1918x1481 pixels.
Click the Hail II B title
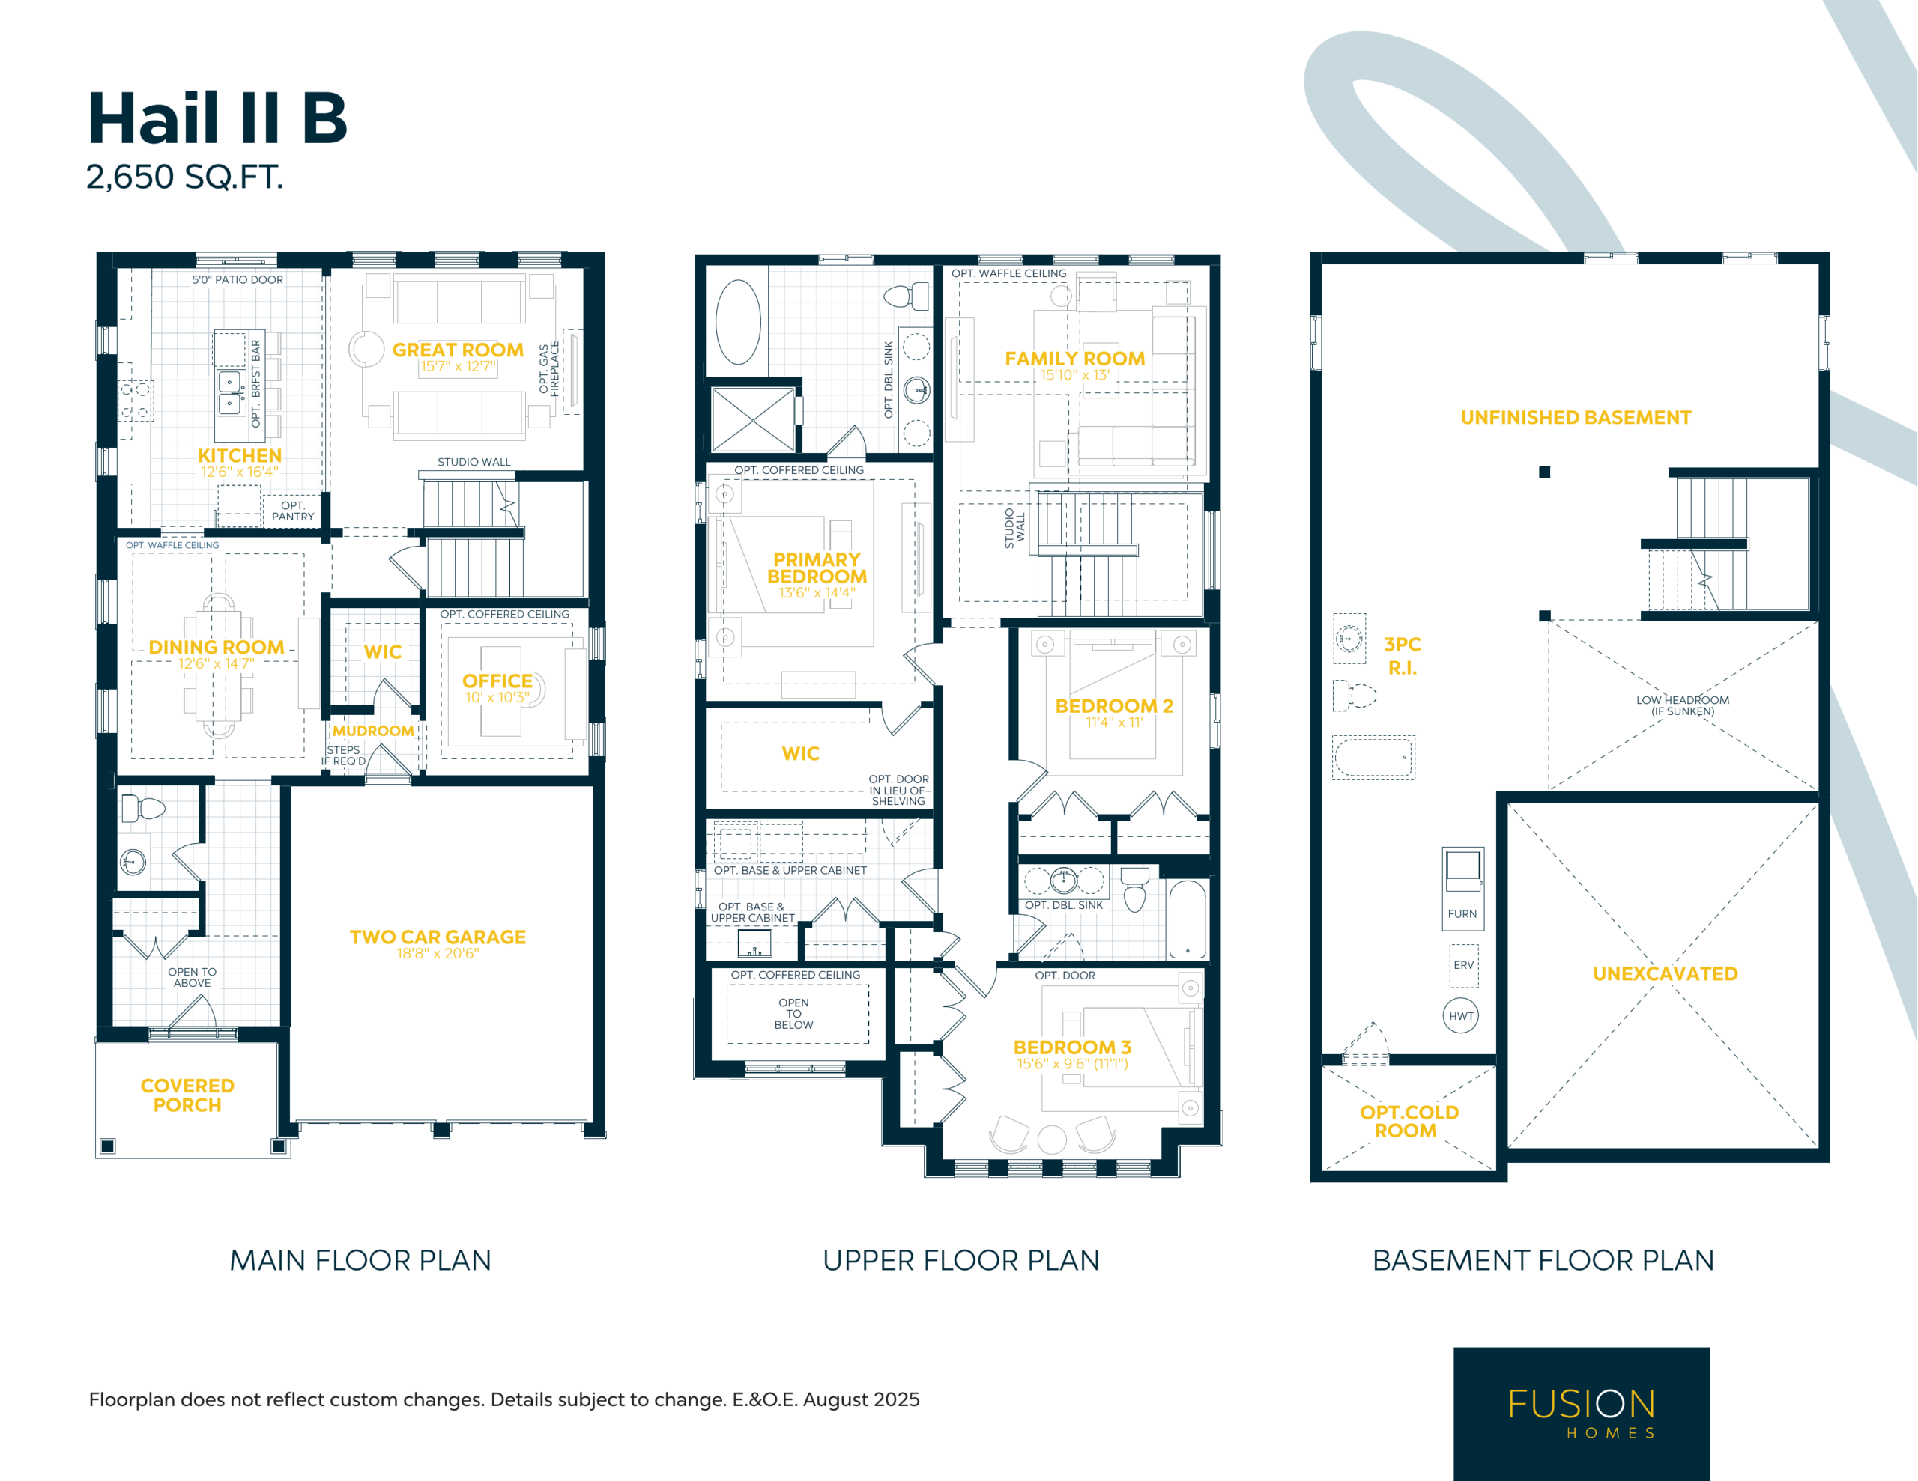tap(218, 118)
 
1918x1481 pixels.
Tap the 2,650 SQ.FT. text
tap(184, 177)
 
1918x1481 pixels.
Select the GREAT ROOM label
tap(458, 350)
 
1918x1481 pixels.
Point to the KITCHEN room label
tap(240, 456)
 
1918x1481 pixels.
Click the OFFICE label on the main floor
tap(497, 681)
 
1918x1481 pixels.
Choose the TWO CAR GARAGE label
tap(438, 937)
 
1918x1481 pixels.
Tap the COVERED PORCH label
tap(187, 1095)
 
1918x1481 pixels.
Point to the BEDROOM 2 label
tap(1113, 706)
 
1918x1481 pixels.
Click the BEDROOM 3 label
tap(1072, 1047)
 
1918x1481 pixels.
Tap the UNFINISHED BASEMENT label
tap(1576, 417)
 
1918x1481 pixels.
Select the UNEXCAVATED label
tap(1665, 973)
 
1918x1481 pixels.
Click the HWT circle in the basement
tap(1461, 1016)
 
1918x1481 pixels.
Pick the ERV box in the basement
tap(1463, 966)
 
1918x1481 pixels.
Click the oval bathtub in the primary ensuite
tap(739, 322)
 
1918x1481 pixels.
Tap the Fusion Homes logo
tap(1582, 1414)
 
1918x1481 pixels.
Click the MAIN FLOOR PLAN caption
tap(360, 1261)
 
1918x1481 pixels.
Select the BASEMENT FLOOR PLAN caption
tap(1543, 1261)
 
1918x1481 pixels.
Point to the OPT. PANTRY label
tap(292, 511)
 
